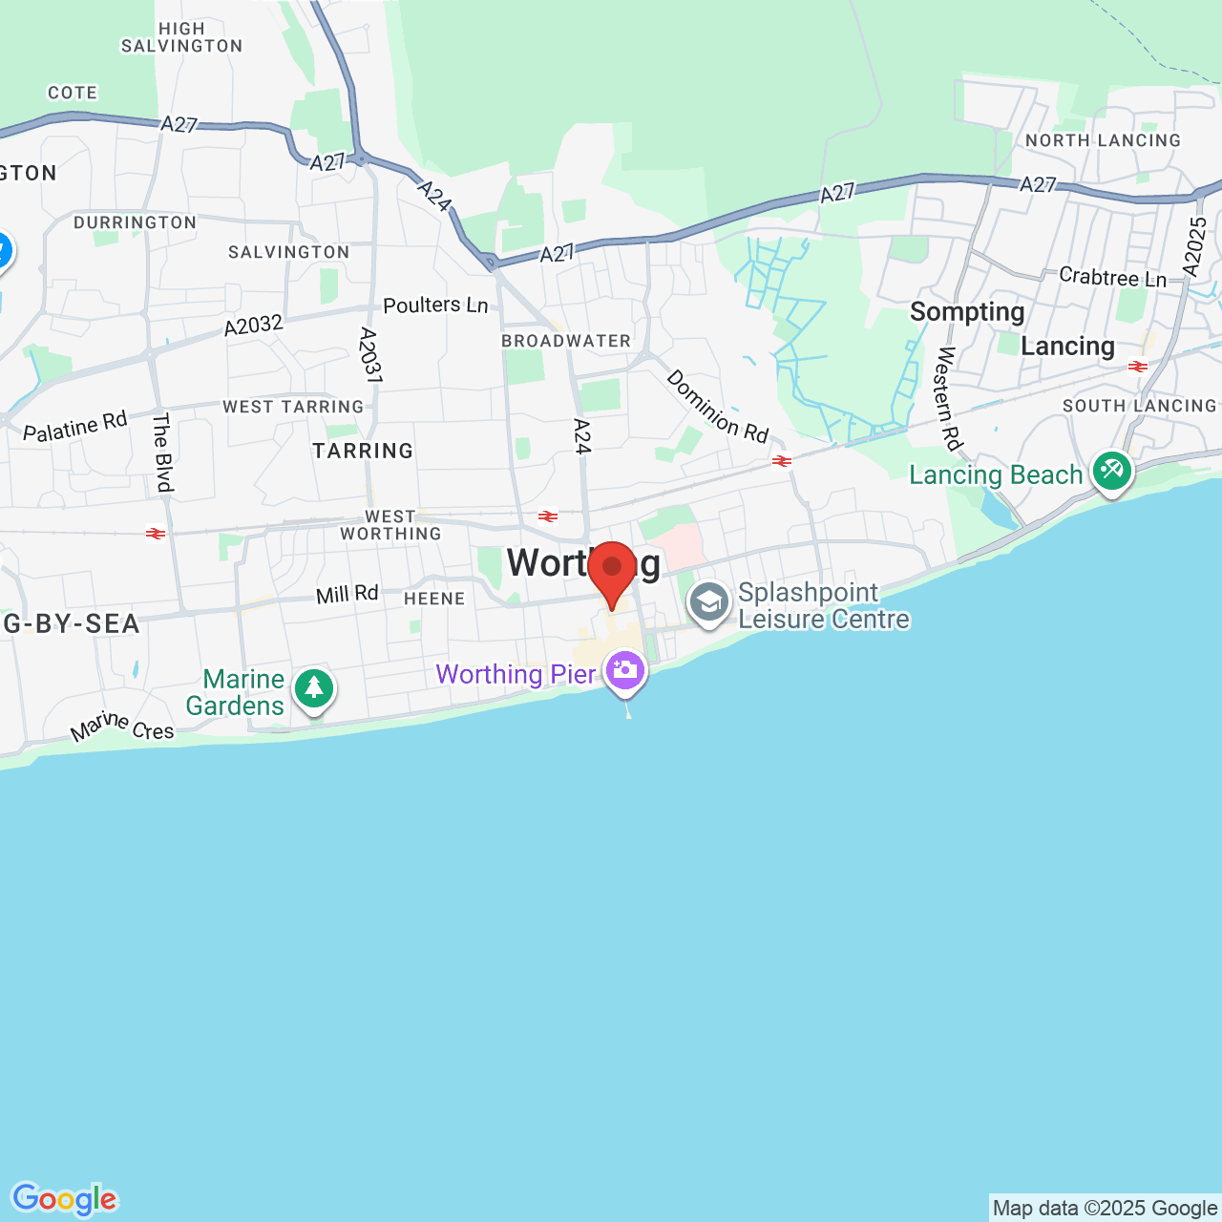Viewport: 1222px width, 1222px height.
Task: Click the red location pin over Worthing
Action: (x=612, y=570)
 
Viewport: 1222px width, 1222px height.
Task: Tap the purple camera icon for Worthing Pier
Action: (x=625, y=670)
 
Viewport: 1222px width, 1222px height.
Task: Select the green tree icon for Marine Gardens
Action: (x=313, y=687)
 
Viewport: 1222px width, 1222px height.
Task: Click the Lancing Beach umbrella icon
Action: (x=1112, y=470)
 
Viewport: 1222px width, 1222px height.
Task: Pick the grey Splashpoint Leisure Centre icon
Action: (x=709, y=603)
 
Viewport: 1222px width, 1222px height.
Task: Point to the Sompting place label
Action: (x=967, y=312)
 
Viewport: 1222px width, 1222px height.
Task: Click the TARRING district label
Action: (x=363, y=451)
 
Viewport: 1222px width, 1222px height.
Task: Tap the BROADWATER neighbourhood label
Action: (x=566, y=341)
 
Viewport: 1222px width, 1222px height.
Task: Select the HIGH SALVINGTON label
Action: (x=181, y=37)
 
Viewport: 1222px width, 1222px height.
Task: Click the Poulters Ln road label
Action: (x=435, y=305)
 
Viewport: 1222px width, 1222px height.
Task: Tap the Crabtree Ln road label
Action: (x=1112, y=277)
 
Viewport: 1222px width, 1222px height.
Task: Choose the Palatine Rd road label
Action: (x=74, y=427)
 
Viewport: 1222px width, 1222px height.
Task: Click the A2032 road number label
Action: (x=254, y=326)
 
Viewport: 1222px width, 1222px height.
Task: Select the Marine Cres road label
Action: (x=122, y=727)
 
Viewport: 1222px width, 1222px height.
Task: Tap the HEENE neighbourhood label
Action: (x=434, y=599)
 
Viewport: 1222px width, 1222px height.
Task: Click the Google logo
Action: (x=64, y=1199)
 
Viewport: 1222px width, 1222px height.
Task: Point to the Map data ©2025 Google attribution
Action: (x=1105, y=1209)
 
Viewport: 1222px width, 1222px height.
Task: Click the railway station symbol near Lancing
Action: (x=1137, y=367)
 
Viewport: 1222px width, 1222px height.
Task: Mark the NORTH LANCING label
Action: (x=1103, y=140)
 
